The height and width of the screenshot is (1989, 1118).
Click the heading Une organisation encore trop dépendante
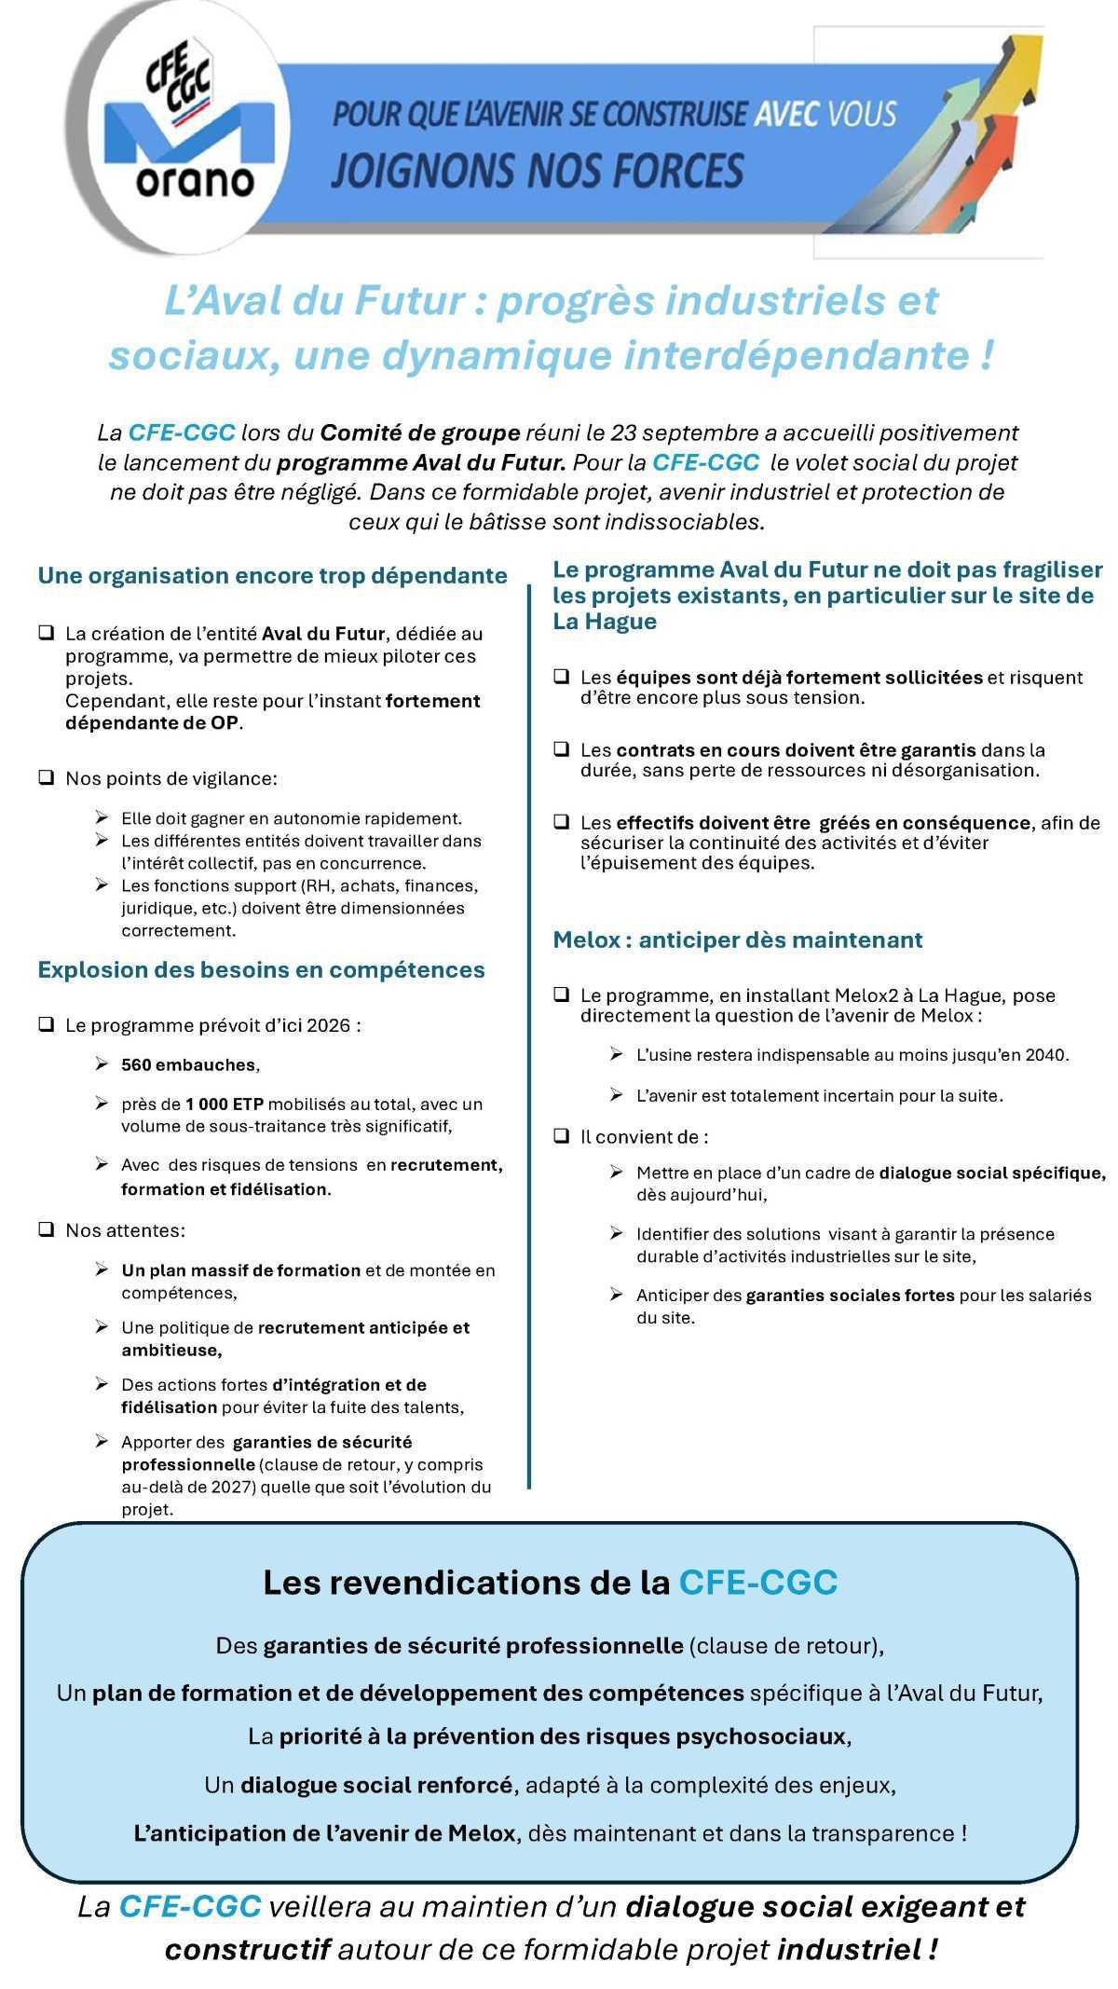[x=272, y=575]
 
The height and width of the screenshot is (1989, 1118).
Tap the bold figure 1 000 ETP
[x=224, y=1104]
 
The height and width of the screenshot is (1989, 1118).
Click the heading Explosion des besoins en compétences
[x=261, y=969]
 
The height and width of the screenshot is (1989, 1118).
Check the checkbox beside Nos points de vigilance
[x=46, y=777]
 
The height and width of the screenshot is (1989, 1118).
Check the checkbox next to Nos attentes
[x=46, y=1229]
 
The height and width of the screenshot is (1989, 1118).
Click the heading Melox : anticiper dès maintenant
[x=737, y=940]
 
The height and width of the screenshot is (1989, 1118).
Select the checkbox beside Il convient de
[x=561, y=1136]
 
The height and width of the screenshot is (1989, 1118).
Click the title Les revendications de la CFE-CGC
[x=550, y=1583]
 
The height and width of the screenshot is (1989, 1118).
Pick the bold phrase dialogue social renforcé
[x=376, y=1785]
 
